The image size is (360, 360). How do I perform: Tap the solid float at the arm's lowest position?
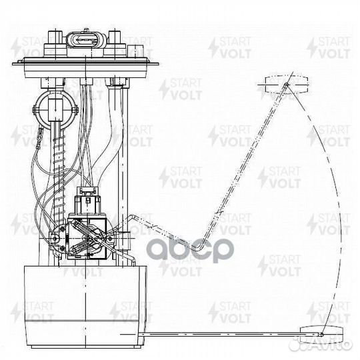coord(321,335)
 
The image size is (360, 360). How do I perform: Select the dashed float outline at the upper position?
coord(287,84)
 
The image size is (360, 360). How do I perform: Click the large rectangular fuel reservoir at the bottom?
coord(85,307)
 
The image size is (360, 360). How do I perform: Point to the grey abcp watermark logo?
coord(190,250)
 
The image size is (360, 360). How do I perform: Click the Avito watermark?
coord(321,344)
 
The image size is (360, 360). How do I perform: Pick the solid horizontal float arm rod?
coord(221,335)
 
